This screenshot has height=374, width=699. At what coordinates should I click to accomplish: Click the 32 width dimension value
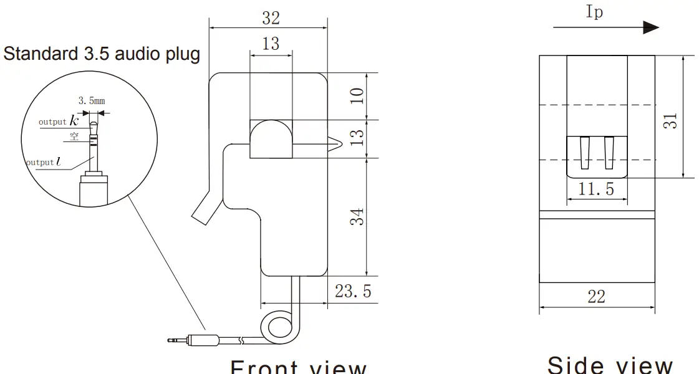271,19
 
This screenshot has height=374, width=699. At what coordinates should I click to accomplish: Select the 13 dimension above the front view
271,44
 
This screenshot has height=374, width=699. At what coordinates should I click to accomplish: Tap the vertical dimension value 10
357,95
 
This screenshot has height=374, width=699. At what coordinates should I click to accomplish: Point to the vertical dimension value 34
357,217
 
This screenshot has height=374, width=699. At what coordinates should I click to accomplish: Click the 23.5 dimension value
353,291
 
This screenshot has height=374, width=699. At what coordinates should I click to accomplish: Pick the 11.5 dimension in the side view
596,189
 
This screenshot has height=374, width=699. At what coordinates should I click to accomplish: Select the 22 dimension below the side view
596,297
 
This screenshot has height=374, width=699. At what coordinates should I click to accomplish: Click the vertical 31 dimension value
670,121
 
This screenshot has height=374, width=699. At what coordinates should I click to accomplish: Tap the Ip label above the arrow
594,12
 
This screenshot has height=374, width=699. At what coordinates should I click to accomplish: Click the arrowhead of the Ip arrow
651,27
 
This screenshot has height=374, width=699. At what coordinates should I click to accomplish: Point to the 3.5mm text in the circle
92,100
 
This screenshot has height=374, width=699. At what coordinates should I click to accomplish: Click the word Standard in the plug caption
42,54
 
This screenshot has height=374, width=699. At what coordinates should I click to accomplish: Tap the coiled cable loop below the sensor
276,328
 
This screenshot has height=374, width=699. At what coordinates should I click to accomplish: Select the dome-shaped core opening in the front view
271,138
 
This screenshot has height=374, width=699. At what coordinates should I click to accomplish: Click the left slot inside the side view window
584,153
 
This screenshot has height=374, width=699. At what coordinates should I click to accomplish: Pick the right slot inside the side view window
609,153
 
